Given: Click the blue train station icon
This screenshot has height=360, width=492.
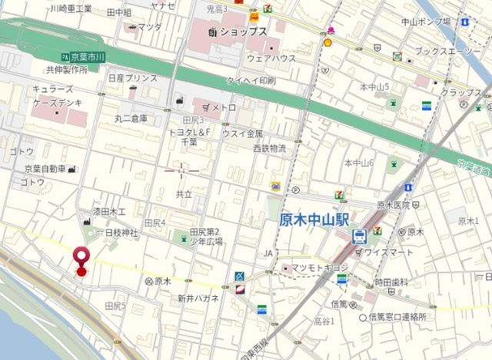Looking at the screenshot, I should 358,237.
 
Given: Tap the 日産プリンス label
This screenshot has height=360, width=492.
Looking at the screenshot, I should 132,78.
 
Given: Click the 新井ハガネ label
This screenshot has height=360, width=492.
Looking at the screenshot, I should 198,298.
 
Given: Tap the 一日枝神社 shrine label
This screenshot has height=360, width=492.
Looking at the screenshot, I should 115,232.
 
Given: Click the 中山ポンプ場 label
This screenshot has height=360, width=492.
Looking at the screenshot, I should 425,22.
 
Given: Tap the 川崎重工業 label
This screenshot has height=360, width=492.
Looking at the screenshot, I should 70,8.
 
